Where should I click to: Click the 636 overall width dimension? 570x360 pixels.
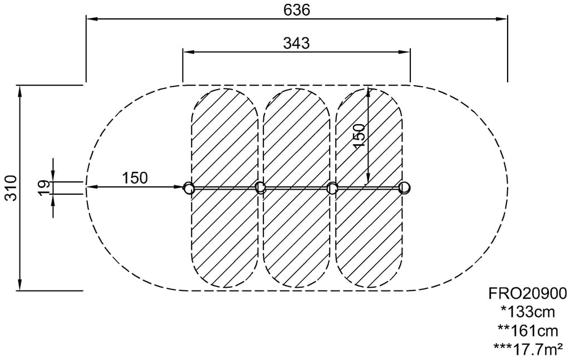click(x=297, y=10)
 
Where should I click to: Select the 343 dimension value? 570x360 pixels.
click(x=296, y=43)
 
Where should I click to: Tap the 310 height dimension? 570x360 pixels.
click(x=11, y=188)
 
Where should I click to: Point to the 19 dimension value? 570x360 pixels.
click(x=43, y=188)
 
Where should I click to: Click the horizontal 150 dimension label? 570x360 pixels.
click(x=135, y=178)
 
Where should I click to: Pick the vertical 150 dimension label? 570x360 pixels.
click(x=359, y=135)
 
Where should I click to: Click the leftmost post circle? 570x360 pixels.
click(x=188, y=189)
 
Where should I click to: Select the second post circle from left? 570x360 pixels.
click(x=260, y=188)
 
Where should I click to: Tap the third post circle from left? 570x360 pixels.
click(x=332, y=188)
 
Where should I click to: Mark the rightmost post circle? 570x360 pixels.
click(x=404, y=188)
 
